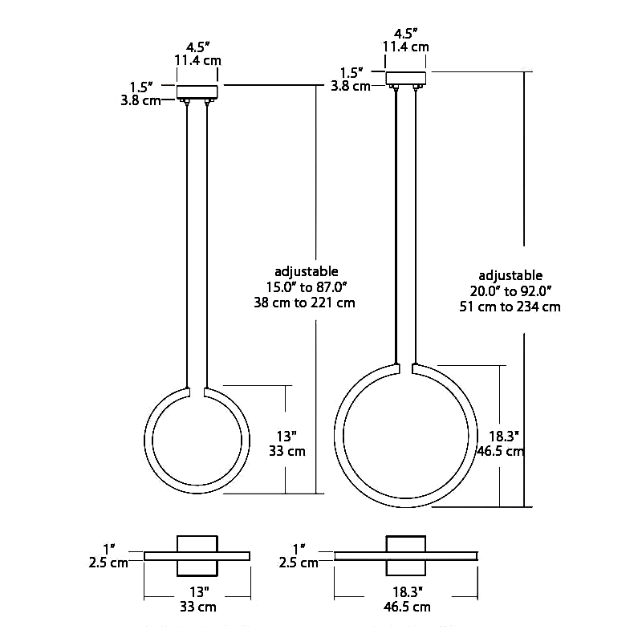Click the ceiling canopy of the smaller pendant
tap(197, 91)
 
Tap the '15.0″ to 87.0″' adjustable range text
tap(306, 287)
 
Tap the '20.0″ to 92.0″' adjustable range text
tap(510, 291)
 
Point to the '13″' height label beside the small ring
tap(286, 436)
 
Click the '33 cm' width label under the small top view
tap(197, 607)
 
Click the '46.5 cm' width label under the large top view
tap(405, 607)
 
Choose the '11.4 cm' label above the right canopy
tap(405, 47)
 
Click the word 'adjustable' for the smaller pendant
tap(306, 271)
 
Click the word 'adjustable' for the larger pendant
tap(510, 275)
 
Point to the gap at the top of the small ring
tap(197, 392)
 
